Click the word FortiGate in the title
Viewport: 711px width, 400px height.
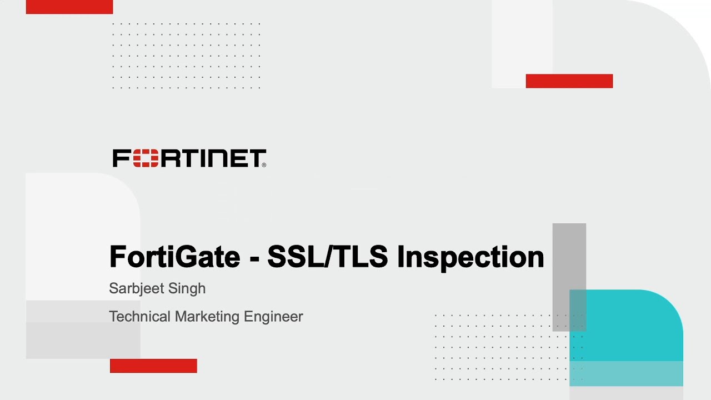[x=174, y=257]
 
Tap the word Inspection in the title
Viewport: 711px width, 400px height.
[x=470, y=257]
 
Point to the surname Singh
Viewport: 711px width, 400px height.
[x=191, y=288]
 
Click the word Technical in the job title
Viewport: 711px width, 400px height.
[x=139, y=317]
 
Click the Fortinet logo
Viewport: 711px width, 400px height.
[x=189, y=158]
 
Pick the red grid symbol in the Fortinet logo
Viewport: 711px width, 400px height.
[x=146, y=158]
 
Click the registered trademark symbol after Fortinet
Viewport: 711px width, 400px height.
[x=264, y=164]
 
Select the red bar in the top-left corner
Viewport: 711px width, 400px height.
[x=69, y=7]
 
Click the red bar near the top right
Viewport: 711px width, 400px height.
[x=569, y=81]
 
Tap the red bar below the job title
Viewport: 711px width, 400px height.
[x=153, y=366]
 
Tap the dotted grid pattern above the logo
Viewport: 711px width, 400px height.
[x=186, y=56]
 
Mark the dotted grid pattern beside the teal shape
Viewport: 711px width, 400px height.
[x=500, y=347]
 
